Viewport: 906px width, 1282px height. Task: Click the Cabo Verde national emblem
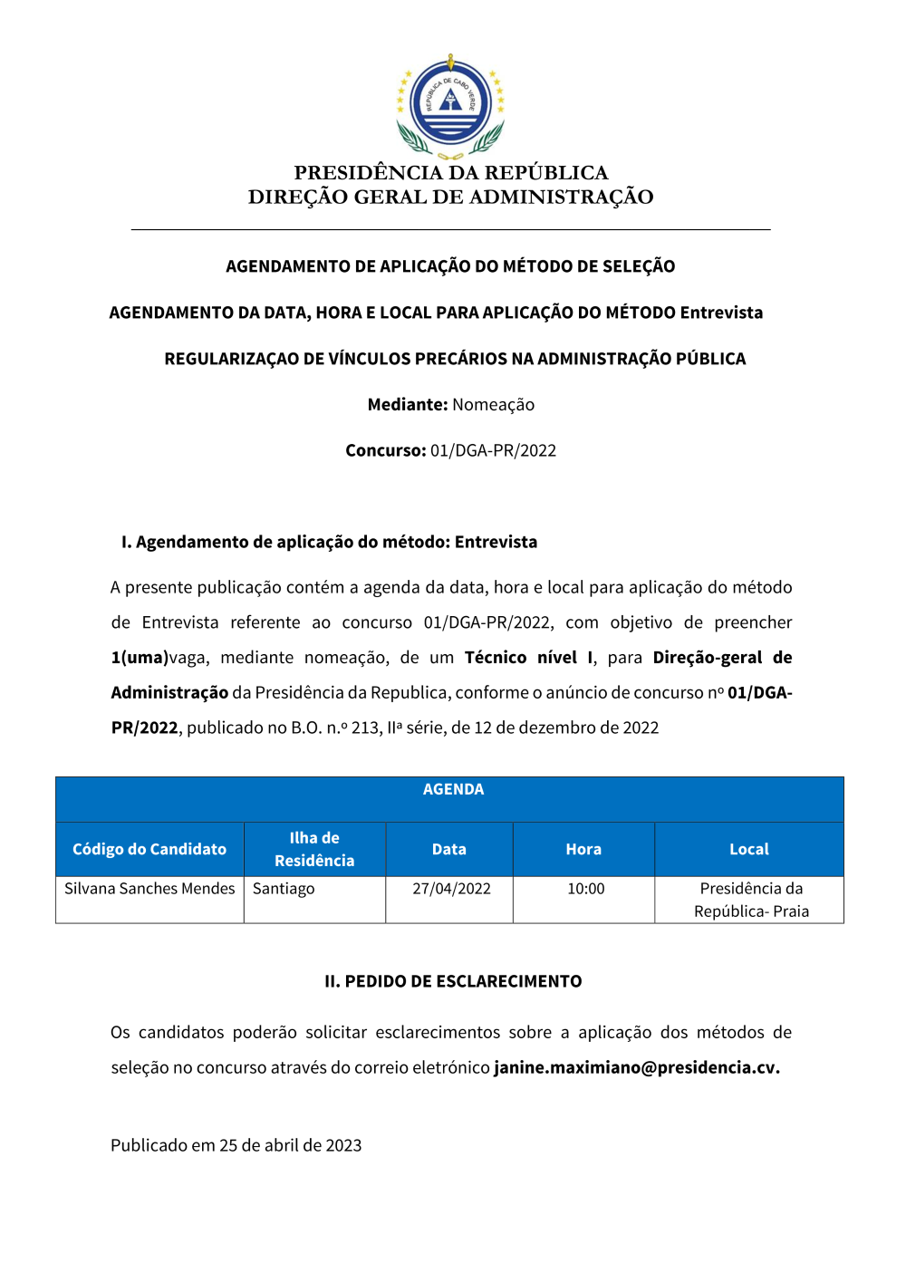point(450,105)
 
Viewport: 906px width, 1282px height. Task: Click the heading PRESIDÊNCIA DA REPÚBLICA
point(450,172)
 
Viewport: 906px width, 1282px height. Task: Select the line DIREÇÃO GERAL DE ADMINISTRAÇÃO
point(450,197)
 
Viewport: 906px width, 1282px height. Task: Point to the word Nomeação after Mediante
point(493,405)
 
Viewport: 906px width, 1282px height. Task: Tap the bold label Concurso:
point(385,450)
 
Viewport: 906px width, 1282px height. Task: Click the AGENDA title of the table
point(453,789)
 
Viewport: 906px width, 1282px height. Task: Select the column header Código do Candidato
point(149,849)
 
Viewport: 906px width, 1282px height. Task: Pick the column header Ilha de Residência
point(314,849)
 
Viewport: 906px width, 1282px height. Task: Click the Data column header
point(448,849)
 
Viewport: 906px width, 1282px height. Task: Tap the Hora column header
point(583,849)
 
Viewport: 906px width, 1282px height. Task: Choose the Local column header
point(748,849)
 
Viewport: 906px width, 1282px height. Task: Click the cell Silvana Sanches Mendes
point(149,889)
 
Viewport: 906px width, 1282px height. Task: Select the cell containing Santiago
point(284,889)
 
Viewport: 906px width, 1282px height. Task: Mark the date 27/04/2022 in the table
point(451,889)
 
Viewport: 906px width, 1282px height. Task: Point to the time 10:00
point(585,889)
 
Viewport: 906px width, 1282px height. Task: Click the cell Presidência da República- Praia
point(751,900)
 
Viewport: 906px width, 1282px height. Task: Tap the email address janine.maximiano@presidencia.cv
point(636,1067)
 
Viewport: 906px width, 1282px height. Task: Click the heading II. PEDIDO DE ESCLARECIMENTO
point(453,981)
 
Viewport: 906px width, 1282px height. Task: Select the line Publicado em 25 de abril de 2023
point(236,1145)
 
